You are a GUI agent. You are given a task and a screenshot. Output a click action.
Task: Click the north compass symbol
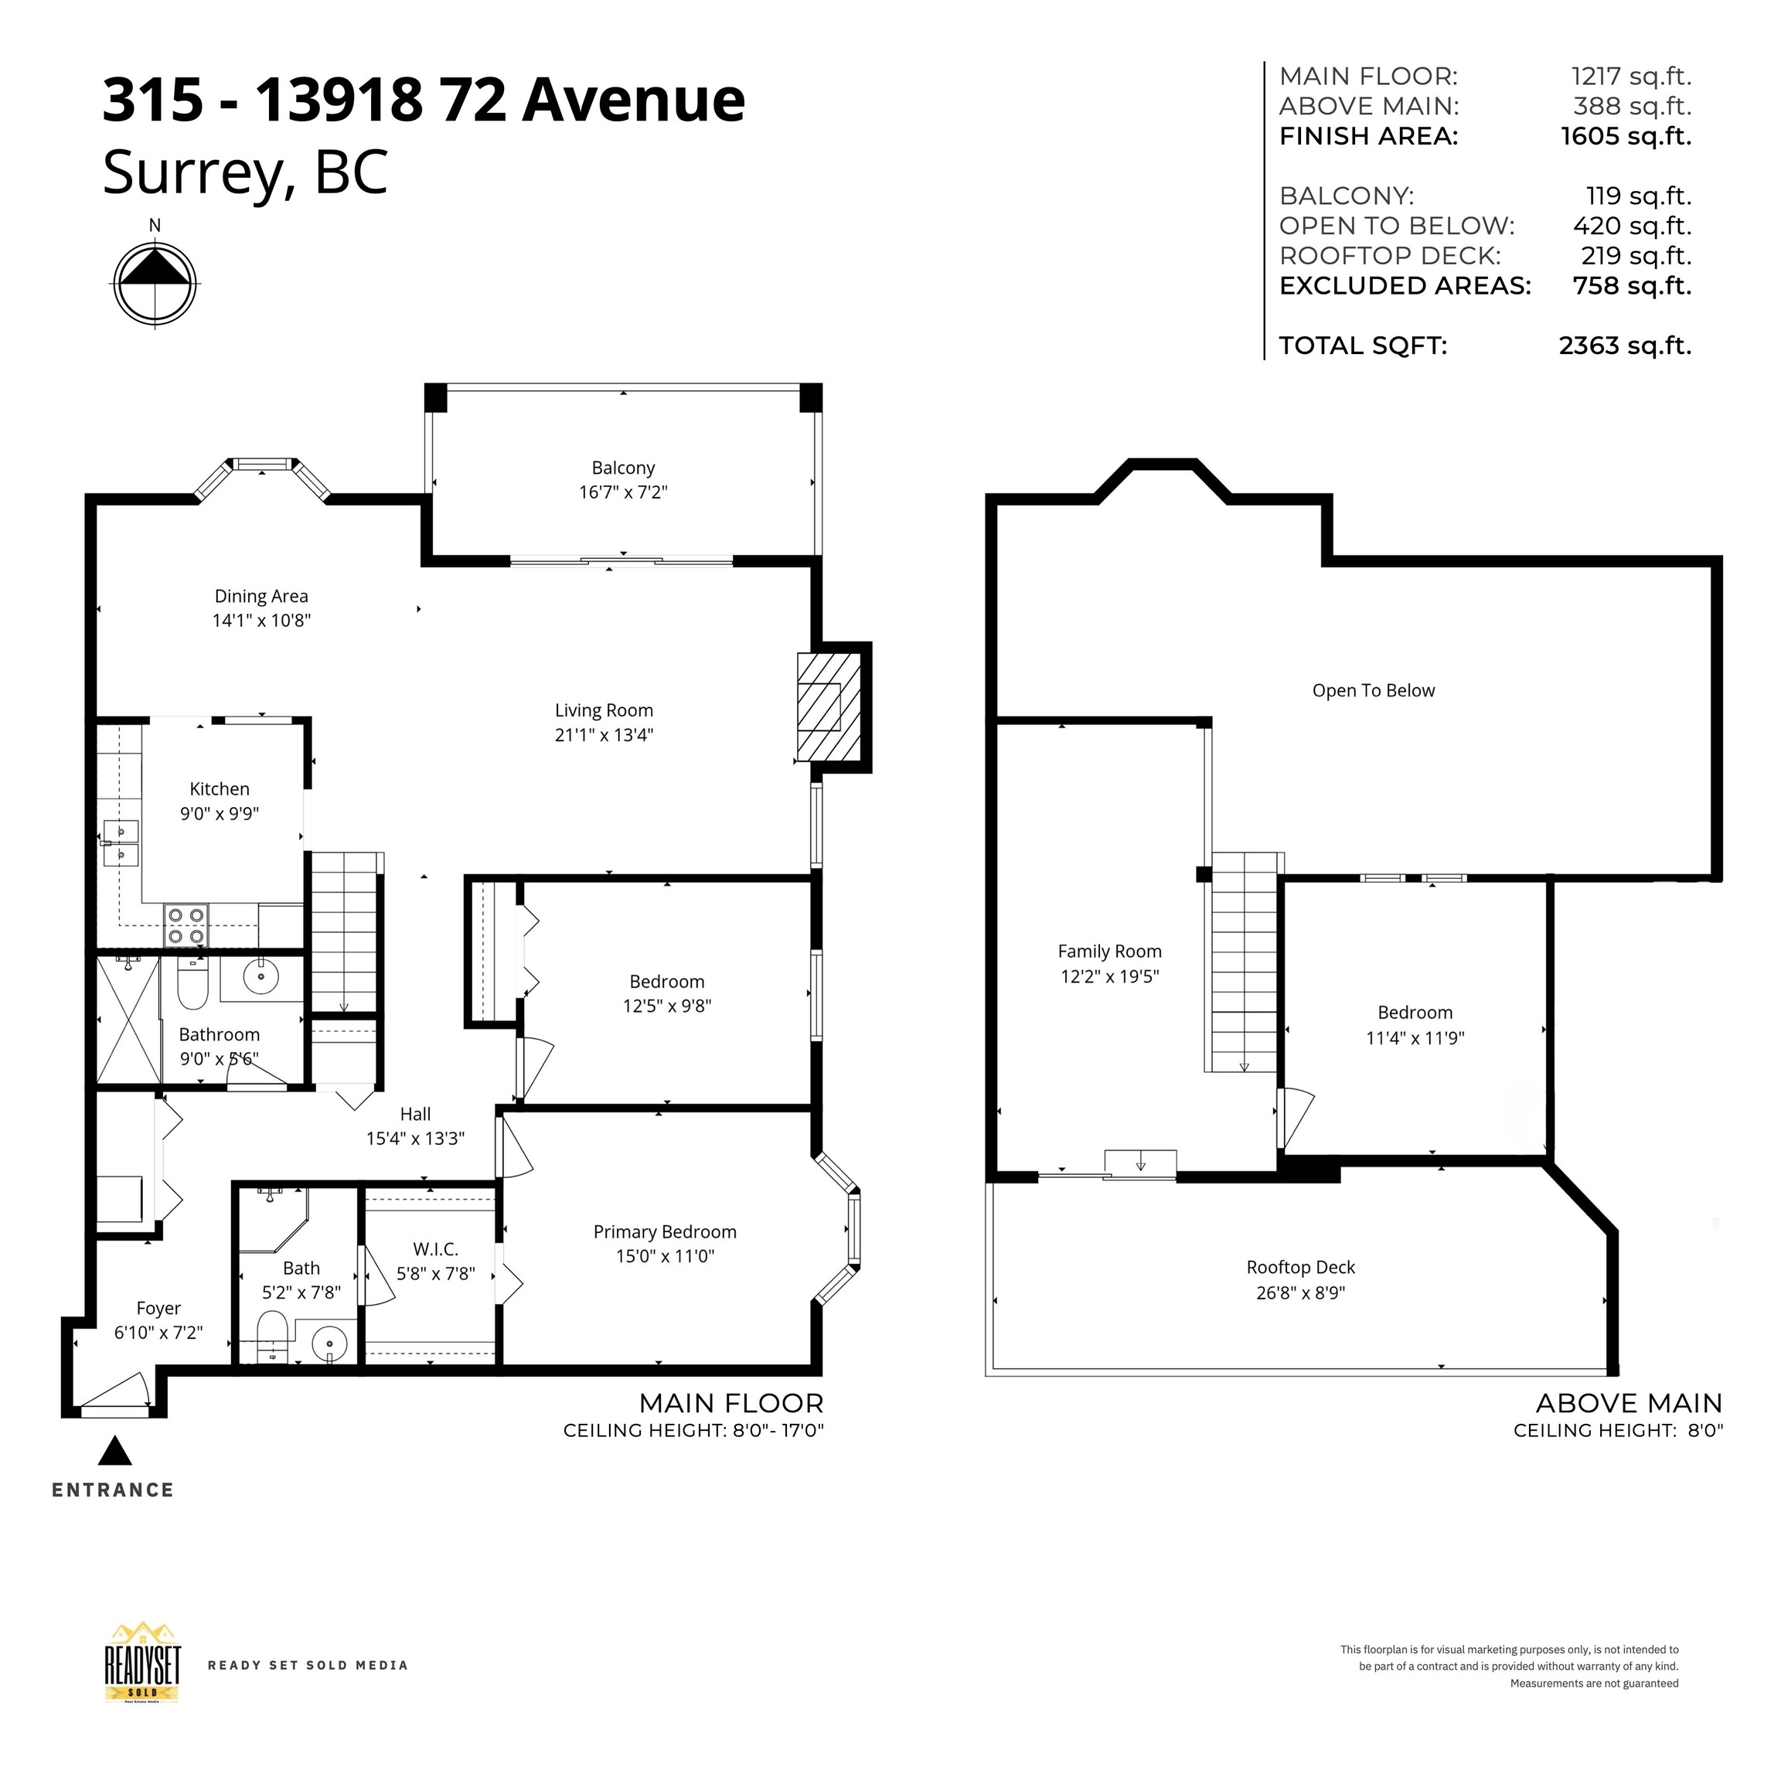click(155, 283)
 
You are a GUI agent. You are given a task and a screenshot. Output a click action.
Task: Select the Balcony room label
click(623, 468)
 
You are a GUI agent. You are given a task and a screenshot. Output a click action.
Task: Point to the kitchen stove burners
click(186, 925)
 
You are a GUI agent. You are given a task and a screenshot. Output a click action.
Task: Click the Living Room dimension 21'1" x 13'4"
click(604, 734)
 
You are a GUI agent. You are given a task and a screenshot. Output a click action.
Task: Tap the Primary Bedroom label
click(665, 1231)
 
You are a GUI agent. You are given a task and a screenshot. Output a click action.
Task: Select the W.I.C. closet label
click(435, 1249)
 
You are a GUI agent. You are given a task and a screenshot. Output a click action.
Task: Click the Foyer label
click(158, 1308)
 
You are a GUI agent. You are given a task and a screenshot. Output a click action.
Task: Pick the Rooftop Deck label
click(1301, 1268)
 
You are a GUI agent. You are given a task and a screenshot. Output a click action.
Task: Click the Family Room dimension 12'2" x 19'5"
click(1110, 976)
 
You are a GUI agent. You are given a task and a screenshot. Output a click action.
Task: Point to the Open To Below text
click(1374, 690)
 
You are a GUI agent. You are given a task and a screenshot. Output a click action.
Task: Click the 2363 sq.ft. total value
click(1625, 346)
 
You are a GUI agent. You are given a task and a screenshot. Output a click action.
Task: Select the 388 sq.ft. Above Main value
click(1632, 106)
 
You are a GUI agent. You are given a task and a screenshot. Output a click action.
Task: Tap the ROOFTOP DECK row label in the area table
click(1390, 255)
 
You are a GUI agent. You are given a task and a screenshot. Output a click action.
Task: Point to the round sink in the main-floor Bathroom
click(262, 976)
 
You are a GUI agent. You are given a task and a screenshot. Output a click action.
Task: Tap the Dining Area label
click(262, 597)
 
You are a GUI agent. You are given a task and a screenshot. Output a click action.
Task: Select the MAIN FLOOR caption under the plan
click(731, 1403)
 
